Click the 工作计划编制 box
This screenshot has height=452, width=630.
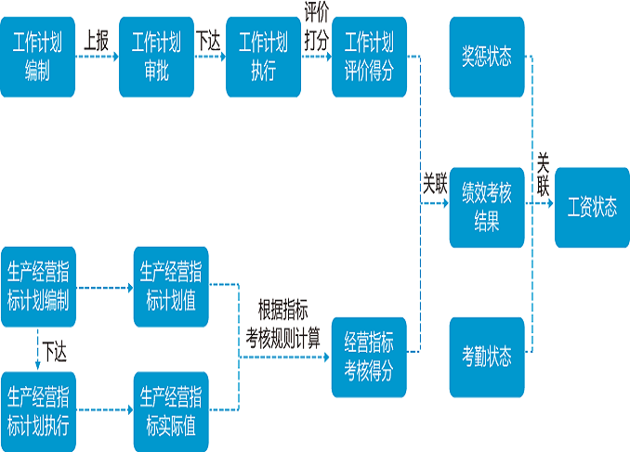[37, 56]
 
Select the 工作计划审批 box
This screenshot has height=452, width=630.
[156, 56]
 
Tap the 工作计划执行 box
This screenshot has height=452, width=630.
[263, 56]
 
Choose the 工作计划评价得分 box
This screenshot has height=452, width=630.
[369, 56]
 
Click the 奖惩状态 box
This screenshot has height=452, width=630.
[487, 56]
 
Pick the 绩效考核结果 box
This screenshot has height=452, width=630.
[487, 207]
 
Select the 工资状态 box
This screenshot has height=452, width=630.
[592, 207]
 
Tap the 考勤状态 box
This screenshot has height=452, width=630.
[487, 357]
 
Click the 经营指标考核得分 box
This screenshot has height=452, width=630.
[369, 357]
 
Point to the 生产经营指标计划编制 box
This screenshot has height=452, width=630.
[37, 287]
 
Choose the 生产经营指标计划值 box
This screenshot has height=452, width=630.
[171, 287]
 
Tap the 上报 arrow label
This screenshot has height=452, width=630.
[96, 42]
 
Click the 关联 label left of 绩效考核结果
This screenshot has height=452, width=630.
[435, 183]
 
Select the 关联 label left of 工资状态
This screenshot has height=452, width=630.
[544, 174]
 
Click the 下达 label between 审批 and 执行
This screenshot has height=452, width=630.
[208, 42]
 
